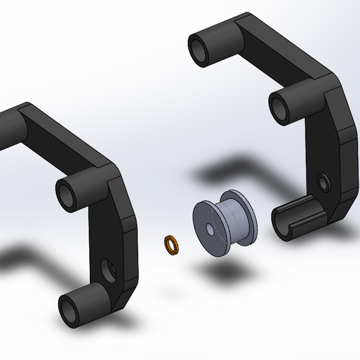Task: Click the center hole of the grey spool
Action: pyautogui.click(x=209, y=230)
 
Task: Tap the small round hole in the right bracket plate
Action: pyautogui.click(x=322, y=183)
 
